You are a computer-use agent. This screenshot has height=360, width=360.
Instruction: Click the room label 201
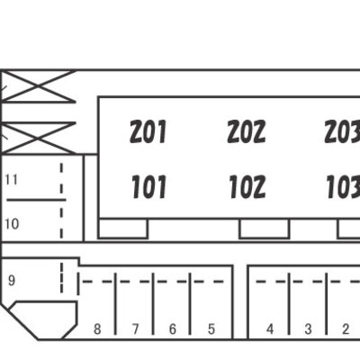tap(148, 131)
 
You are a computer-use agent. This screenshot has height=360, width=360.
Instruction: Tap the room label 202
tap(247, 131)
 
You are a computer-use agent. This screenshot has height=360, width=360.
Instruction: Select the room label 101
tap(148, 187)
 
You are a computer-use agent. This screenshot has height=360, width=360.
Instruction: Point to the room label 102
tap(247, 187)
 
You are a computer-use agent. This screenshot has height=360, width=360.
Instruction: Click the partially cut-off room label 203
tap(342, 131)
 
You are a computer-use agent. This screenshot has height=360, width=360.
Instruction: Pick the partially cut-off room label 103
tap(343, 187)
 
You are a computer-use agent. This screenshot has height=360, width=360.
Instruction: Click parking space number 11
tap(12, 180)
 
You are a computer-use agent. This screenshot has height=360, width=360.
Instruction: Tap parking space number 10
tap(12, 224)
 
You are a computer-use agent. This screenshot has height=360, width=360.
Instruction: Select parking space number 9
tap(12, 281)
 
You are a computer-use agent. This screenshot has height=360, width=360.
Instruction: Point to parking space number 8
tap(97, 329)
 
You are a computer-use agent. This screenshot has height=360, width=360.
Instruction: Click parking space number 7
tap(136, 329)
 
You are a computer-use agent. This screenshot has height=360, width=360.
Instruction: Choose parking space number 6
tap(173, 329)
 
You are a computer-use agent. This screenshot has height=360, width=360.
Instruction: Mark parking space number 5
tap(211, 329)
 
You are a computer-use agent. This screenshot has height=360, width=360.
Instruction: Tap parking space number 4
tap(270, 329)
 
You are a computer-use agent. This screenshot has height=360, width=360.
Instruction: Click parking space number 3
tap(308, 329)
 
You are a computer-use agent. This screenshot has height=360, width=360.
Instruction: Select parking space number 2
tap(346, 329)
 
